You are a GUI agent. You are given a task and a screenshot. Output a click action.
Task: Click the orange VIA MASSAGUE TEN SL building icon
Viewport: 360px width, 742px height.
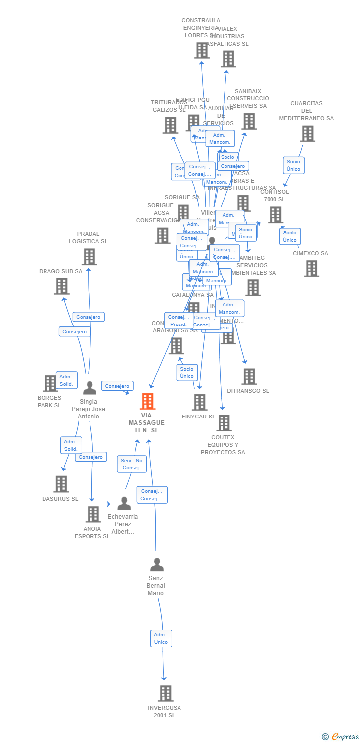[148, 401]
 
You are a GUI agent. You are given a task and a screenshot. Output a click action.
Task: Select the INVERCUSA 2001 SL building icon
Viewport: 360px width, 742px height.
[166, 694]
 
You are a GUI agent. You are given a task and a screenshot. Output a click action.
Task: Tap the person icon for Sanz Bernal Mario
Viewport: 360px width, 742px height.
[157, 564]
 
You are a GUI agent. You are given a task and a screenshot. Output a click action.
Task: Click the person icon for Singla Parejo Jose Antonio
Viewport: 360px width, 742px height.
[90, 388]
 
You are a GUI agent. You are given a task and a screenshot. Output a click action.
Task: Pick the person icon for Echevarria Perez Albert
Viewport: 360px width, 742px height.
[124, 503]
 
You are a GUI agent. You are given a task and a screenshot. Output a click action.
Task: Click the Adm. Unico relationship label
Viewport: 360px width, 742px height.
[161, 638]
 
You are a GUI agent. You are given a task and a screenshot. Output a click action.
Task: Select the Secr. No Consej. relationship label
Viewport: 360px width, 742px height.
[132, 464]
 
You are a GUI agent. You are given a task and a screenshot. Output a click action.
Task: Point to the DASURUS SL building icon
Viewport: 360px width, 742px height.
[61, 484]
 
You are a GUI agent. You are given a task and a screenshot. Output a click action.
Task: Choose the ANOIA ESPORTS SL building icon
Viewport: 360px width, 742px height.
[93, 514]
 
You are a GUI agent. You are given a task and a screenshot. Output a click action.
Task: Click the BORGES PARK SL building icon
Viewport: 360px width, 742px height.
[50, 383]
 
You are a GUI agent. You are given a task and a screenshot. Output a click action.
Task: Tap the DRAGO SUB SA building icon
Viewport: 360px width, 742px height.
[62, 286]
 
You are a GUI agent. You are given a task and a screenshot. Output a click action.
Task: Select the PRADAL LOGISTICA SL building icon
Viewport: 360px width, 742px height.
[89, 257]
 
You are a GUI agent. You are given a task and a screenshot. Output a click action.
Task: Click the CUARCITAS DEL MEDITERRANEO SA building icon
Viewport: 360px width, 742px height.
[307, 134]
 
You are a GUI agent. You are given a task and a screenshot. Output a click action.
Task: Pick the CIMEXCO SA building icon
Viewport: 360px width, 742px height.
[311, 268]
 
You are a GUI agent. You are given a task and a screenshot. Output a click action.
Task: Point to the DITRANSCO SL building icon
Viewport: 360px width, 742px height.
[249, 376]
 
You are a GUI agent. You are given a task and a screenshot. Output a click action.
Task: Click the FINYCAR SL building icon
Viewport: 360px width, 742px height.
[199, 402]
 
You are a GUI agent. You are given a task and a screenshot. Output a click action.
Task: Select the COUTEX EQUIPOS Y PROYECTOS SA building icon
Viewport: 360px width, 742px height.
[224, 423]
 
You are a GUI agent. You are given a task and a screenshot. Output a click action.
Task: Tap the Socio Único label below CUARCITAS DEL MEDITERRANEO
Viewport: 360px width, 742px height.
[293, 165]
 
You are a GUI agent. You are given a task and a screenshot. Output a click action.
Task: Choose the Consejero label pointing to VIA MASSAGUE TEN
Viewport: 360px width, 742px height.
[117, 386]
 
